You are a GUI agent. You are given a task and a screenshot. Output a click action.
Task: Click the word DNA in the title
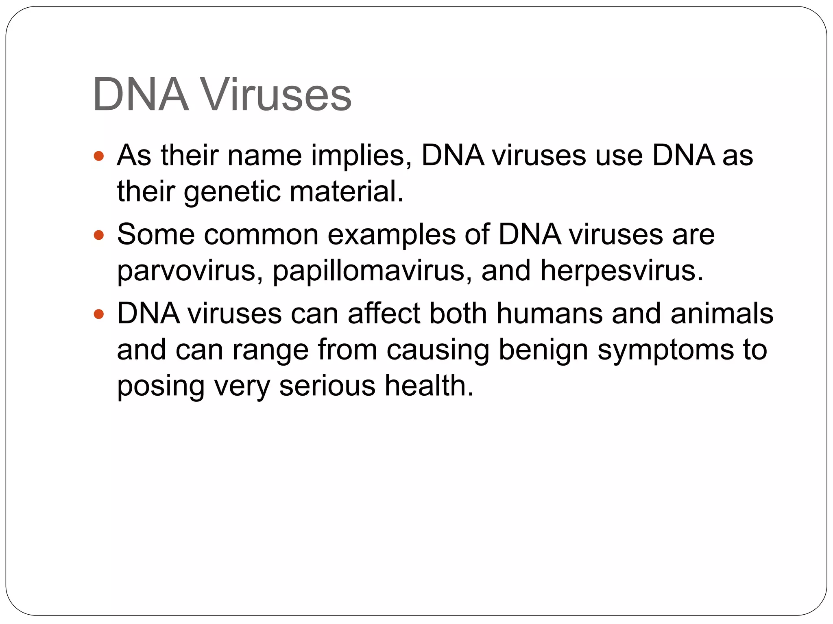coord(141,95)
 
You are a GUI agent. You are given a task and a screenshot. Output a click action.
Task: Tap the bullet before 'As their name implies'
coord(99,156)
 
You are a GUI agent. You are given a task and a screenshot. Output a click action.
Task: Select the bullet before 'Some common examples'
coord(99,235)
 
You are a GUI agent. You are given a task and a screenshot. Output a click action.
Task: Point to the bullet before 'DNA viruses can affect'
coord(99,314)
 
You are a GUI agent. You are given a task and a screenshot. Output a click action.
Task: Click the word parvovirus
coord(190,271)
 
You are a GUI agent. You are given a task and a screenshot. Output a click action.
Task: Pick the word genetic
coord(232,192)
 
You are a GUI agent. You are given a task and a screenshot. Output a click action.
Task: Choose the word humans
coord(549,314)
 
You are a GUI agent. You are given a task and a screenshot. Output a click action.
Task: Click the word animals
coord(722,314)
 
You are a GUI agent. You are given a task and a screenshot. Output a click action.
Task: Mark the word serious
coord(327,386)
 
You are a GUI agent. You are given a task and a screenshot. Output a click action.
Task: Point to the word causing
coord(438,351)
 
